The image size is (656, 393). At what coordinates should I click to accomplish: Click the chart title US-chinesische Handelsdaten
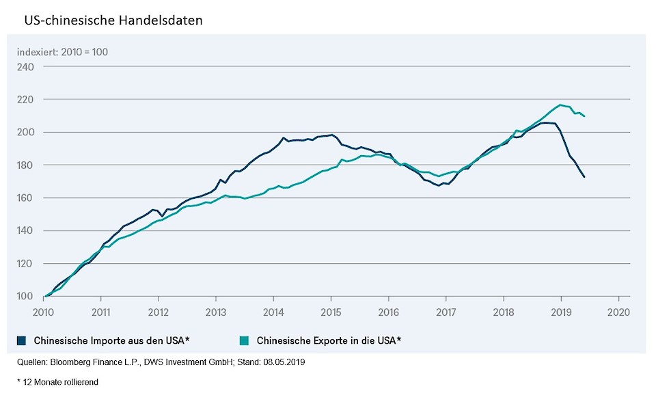pyautogui.click(x=113, y=21)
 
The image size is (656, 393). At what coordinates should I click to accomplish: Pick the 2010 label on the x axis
pyautogui.click(x=44, y=308)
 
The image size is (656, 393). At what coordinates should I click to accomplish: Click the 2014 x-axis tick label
pyautogui.click(x=273, y=308)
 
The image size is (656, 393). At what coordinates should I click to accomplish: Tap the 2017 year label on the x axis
pyautogui.click(x=446, y=308)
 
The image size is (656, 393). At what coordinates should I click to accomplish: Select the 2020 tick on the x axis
pyautogui.click(x=618, y=308)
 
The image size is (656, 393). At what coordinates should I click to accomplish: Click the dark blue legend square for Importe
pyautogui.click(x=23, y=340)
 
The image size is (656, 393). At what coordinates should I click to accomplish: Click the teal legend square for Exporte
pyautogui.click(x=245, y=340)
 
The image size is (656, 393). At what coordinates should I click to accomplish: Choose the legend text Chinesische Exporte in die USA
pyautogui.click(x=328, y=340)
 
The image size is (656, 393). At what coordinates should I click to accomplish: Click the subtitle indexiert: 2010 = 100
pyautogui.click(x=62, y=52)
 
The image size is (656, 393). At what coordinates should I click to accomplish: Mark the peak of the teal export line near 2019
pyautogui.click(x=560, y=105)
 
